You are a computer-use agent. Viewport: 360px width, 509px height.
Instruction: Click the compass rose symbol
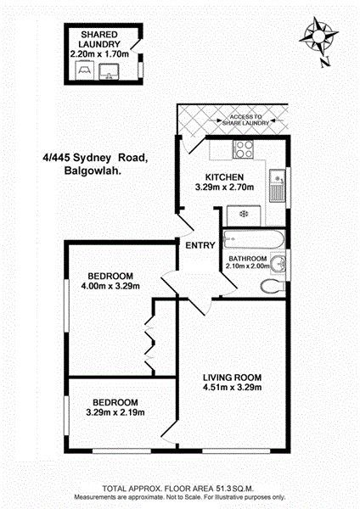(318, 36)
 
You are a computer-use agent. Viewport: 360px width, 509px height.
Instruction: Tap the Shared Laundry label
(99, 39)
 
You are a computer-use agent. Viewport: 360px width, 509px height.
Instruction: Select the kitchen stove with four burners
(243, 149)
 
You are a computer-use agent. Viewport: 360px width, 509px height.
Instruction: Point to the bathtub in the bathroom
(254, 240)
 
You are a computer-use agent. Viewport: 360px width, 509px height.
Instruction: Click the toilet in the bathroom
(273, 287)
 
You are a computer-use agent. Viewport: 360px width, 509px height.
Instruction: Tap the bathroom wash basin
(278, 264)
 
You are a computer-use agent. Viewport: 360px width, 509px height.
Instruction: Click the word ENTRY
(200, 245)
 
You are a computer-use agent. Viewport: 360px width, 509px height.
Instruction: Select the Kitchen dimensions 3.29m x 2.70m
(224, 187)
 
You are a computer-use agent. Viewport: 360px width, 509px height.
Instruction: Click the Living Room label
(233, 378)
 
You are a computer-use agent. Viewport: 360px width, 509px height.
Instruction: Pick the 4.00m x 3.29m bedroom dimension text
(110, 287)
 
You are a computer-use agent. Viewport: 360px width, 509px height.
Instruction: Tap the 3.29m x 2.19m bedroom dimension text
(115, 412)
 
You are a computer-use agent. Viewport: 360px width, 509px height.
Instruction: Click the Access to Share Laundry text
(246, 120)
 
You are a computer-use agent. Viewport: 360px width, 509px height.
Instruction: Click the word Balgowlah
(93, 171)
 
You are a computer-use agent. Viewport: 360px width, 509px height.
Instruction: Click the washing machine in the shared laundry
(84, 70)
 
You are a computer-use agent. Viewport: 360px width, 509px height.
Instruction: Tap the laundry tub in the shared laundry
(109, 72)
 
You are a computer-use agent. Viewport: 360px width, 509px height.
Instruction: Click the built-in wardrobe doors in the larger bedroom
(149, 344)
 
